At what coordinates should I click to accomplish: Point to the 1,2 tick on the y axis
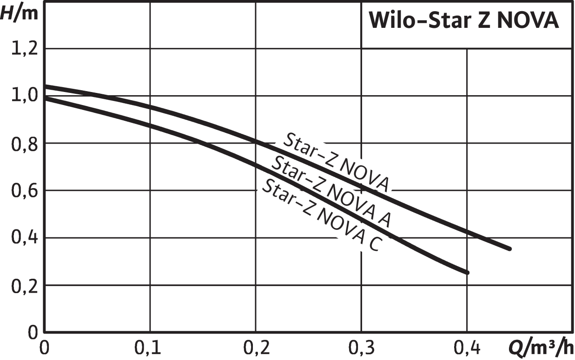pos(22,48)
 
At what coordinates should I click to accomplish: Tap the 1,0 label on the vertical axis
pos(22,96)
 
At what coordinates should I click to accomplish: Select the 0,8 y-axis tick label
pos(22,143)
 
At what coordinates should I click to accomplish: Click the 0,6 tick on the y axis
pos(22,190)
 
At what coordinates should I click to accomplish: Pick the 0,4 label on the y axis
pos(22,238)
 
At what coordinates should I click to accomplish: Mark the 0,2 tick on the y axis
pos(22,285)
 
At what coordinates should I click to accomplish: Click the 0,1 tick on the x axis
pos(150,347)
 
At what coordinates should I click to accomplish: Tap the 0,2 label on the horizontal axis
pos(255,347)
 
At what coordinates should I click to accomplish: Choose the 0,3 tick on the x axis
pos(361,347)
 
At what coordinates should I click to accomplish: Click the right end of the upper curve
pos(509,249)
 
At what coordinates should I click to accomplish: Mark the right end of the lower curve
pos(467,272)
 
